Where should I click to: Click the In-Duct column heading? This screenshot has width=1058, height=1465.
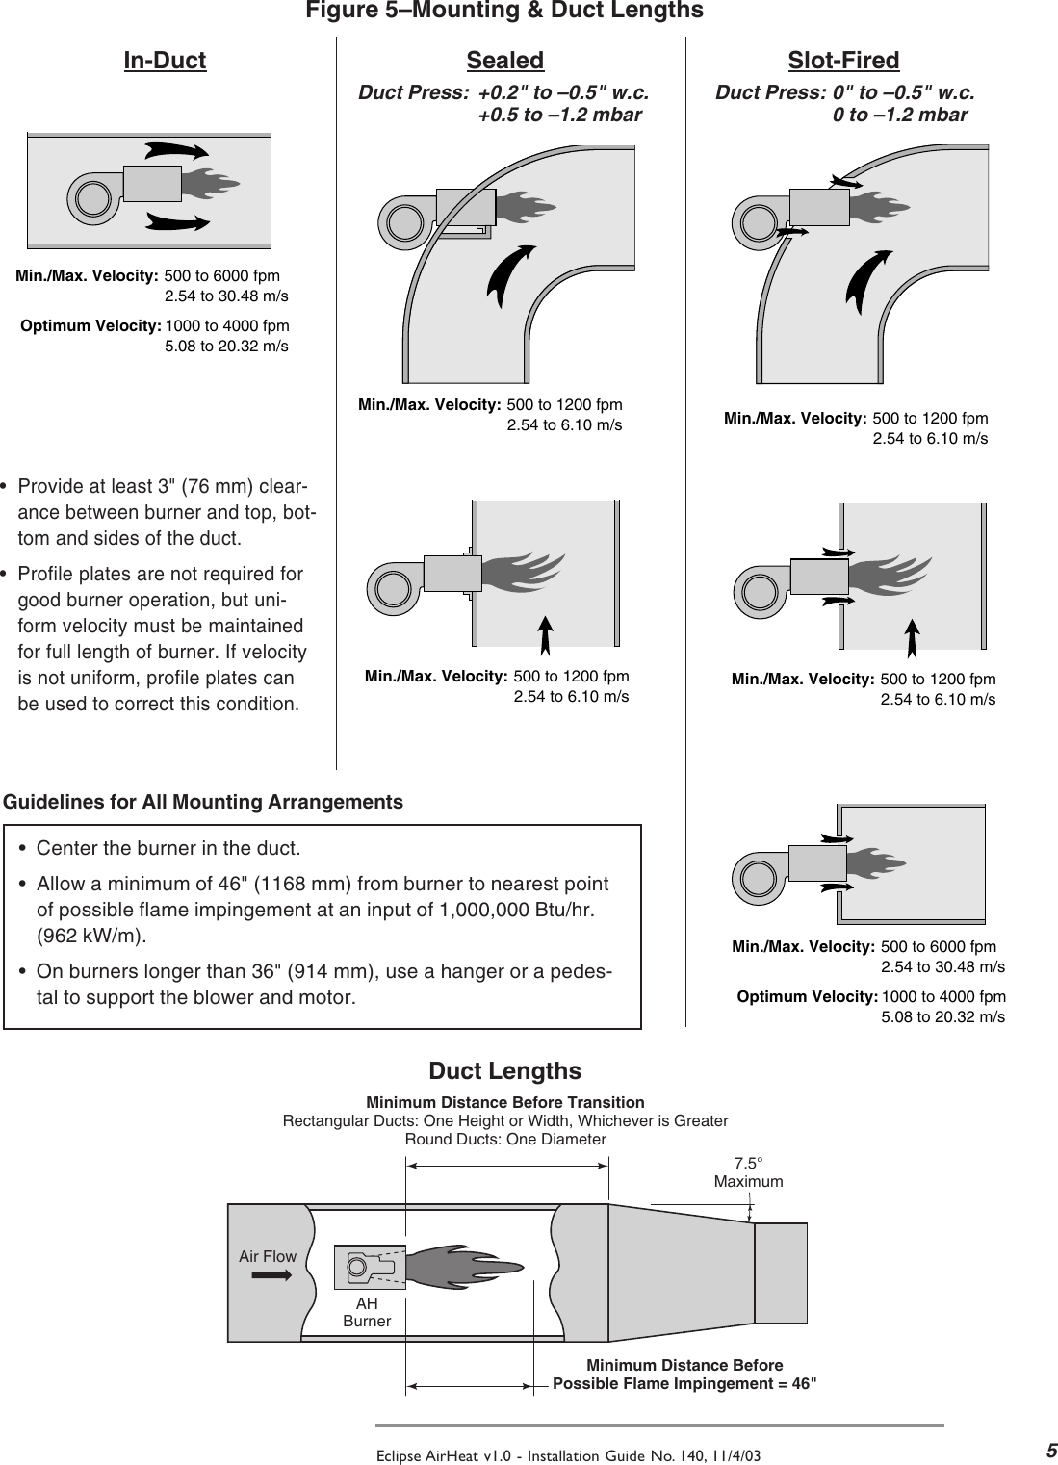pos(165,61)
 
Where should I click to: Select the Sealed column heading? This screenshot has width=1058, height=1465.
pos(504,61)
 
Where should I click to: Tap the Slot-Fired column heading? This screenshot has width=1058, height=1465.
pos(843,61)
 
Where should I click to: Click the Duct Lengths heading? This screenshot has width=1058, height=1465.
pos(504,1071)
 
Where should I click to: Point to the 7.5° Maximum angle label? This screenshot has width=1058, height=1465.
pos(748,1172)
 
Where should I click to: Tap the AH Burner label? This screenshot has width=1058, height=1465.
pos(367,1313)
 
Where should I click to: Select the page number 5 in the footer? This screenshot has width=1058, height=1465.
pos(1051,1451)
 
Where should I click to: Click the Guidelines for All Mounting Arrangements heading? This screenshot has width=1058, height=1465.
pos(204,802)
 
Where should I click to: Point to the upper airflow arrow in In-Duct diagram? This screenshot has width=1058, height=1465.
pos(177,151)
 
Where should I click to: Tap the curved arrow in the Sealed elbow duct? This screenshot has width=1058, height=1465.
pos(509,274)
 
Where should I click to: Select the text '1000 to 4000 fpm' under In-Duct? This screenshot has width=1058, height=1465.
pos(227,325)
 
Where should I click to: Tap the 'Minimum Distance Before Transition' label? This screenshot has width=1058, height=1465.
pos(505,1102)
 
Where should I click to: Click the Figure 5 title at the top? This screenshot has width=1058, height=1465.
pos(504,11)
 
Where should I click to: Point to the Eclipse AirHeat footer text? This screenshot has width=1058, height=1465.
pos(568,1455)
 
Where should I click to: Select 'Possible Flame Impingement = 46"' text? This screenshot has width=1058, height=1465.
pos(684,1384)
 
